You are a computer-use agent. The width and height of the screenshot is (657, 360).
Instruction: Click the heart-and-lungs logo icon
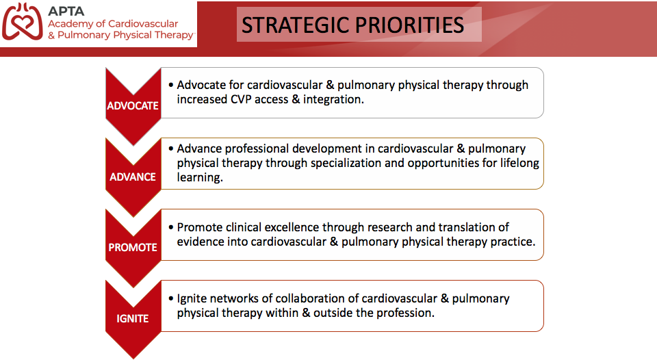pyautogui.click(x=22, y=22)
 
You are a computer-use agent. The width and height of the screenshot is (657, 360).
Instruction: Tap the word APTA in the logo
pyautogui.click(x=66, y=12)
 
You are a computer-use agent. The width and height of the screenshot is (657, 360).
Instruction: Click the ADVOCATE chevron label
pyautogui.click(x=133, y=105)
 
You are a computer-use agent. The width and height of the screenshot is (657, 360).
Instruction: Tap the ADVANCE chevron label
pyautogui.click(x=133, y=177)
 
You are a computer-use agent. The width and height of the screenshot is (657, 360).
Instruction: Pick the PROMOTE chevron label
pyautogui.click(x=133, y=247)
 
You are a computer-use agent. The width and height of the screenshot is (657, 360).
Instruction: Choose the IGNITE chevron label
pyautogui.click(x=132, y=318)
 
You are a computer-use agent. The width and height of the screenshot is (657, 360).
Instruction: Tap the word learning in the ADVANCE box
pyautogui.click(x=199, y=178)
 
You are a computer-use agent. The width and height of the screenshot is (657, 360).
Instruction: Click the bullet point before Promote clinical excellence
pyautogui.click(x=171, y=228)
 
